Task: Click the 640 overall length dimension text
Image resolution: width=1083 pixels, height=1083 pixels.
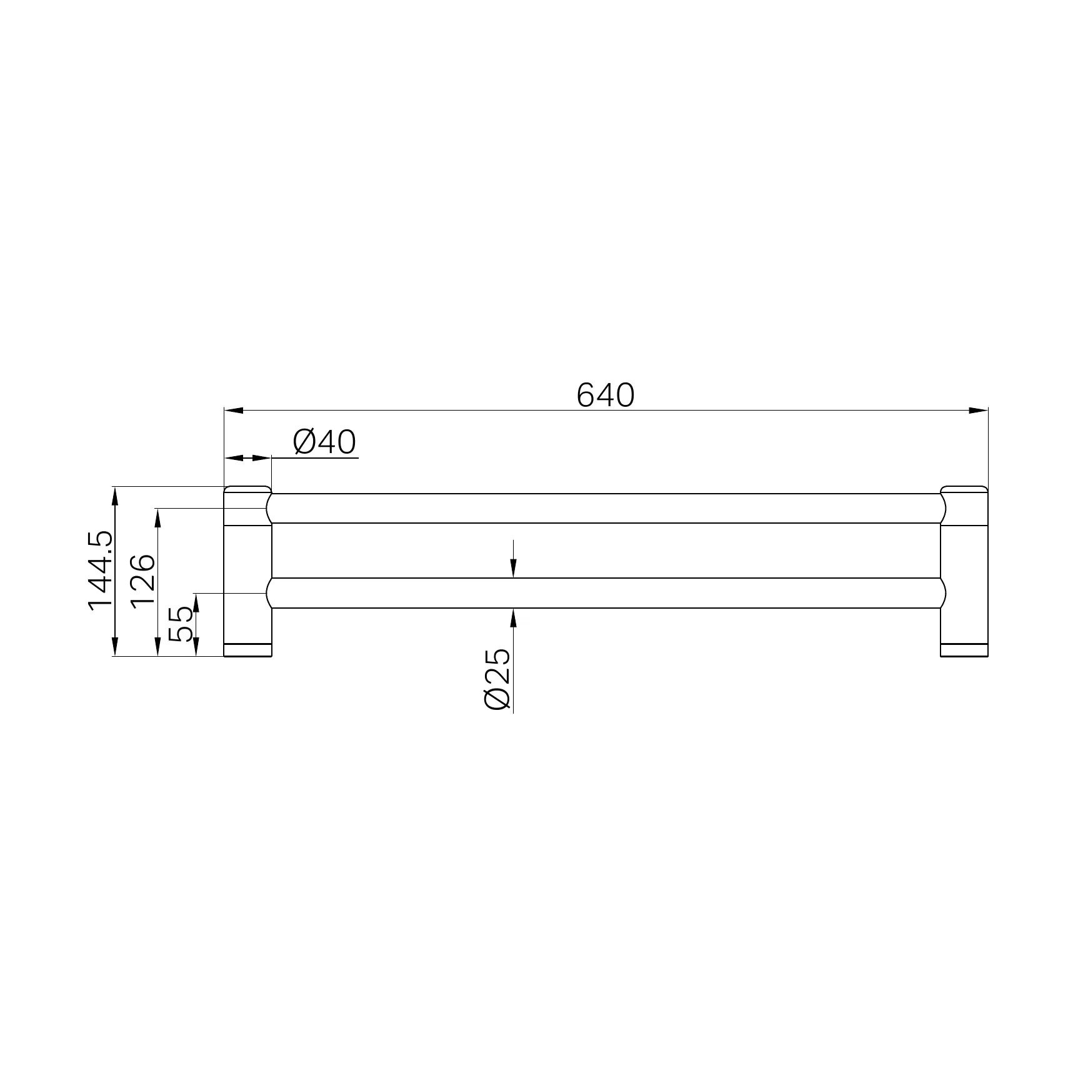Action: pyautogui.click(x=605, y=395)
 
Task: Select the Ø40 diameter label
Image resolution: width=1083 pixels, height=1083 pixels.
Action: pyautogui.click(x=324, y=443)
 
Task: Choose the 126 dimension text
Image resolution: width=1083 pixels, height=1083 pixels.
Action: pyautogui.click(x=143, y=579)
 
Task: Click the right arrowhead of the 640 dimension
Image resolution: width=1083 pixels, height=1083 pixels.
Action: pyautogui.click(x=978, y=411)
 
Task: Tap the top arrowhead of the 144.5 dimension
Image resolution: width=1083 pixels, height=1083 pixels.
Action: pyautogui.click(x=114, y=496)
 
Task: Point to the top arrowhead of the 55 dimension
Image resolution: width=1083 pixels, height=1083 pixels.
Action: pyautogui.click(x=196, y=601)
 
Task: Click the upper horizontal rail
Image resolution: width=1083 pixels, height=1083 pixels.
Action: pyautogui.click(x=605, y=508)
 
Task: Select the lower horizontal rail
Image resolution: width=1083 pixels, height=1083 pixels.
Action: pyautogui.click(x=605, y=593)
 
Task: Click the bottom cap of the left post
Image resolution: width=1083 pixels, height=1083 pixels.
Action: pyautogui.click(x=247, y=650)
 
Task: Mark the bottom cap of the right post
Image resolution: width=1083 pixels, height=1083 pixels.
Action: pyautogui.click(x=964, y=650)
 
